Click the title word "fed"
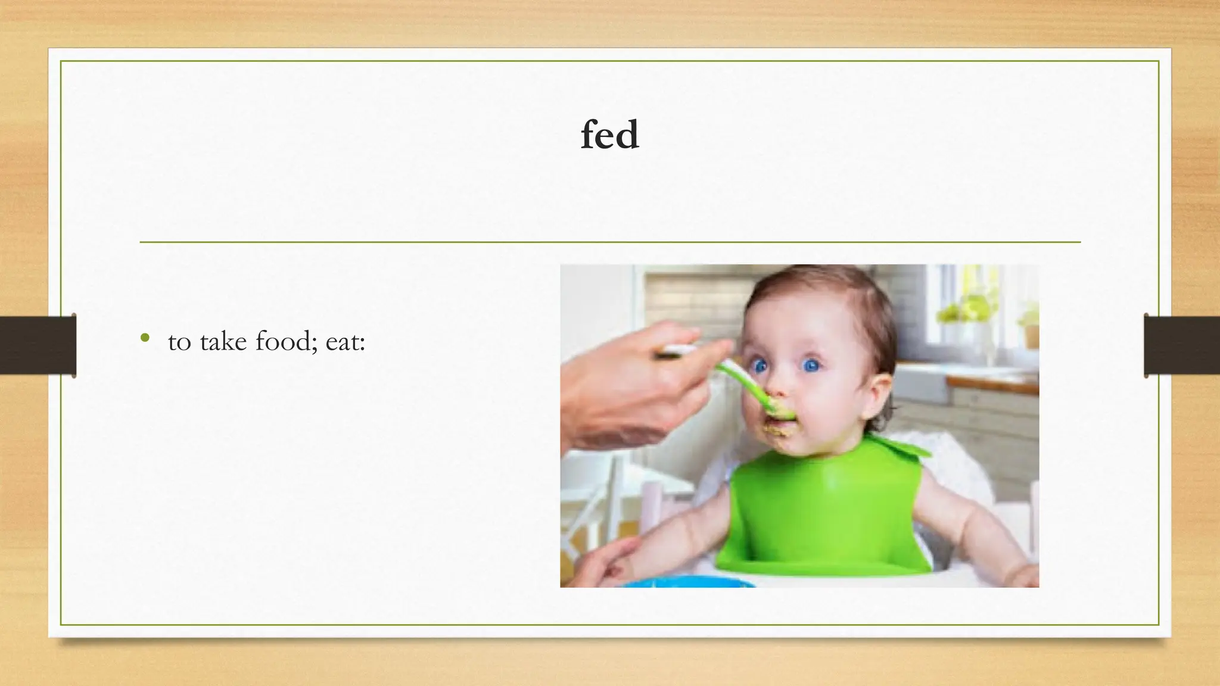(610, 135)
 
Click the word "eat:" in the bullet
(345, 342)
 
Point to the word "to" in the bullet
(179, 342)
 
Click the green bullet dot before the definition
(145, 338)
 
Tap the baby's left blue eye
(760, 366)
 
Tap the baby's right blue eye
(811, 365)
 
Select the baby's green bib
(825, 512)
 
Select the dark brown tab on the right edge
(1182, 345)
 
